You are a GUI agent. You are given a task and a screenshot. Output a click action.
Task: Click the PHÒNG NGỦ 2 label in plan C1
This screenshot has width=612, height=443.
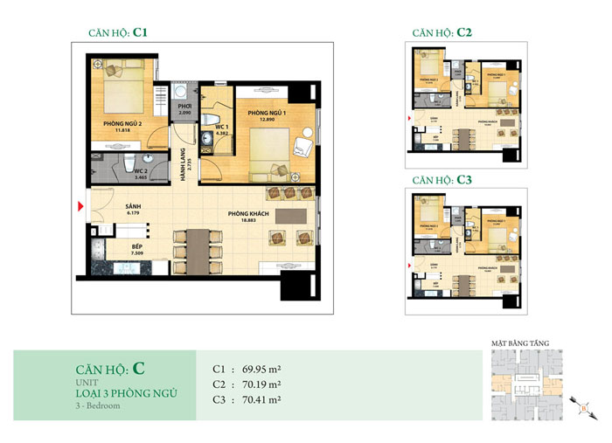pos(122,124)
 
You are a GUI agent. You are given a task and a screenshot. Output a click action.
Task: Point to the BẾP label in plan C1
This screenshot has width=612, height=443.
pos(113,248)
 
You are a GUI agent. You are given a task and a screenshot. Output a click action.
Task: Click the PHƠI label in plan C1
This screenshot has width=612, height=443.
pos(184,109)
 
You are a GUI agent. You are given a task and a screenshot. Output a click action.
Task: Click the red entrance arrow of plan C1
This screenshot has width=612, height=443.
pos(81,206)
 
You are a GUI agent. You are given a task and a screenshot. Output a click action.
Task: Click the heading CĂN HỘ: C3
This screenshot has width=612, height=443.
pos(442,179)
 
